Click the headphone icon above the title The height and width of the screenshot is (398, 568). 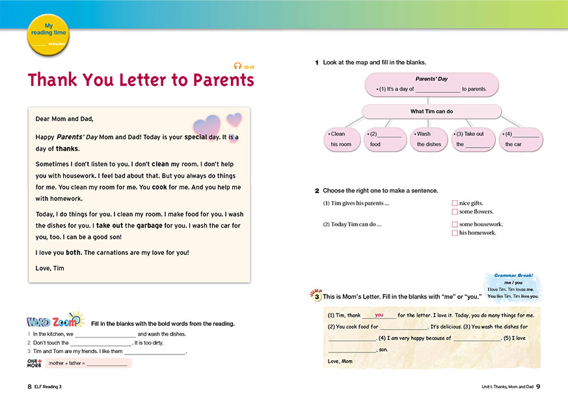pyautogui.click(x=238, y=66)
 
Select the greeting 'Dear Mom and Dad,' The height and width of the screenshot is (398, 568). pyautogui.click(x=64, y=118)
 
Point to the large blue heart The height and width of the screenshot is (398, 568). pyautogui.click(x=208, y=126)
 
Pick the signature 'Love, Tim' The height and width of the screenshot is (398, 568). pyautogui.click(x=50, y=268)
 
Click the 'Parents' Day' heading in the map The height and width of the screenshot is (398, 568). pyautogui.click(x=431, y=79)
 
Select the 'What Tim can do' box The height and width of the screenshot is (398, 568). pyautogui.click(x=431, y=111)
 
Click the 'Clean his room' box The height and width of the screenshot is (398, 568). pyautogui.click(x=342, y=139)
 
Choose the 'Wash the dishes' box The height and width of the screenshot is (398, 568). pyautogui.click(x=429, y=139)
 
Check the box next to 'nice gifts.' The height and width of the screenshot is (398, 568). pyautogui.click(x=455, y=204)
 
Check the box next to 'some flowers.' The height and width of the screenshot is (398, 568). pyautogui.click(x=455, y=212)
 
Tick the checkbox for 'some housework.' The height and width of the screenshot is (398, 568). pyautogui.click(x=455, y=224)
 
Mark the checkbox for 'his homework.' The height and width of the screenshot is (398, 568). pyautogui.click(x=455, y=233)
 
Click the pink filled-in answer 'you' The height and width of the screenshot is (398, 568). pyautogui.click(x=379, y=315)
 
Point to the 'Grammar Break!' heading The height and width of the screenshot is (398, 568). pyautogui.click(x=513, y=275)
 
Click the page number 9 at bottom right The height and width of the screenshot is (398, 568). pyautogui.click(x=538, y=386)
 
